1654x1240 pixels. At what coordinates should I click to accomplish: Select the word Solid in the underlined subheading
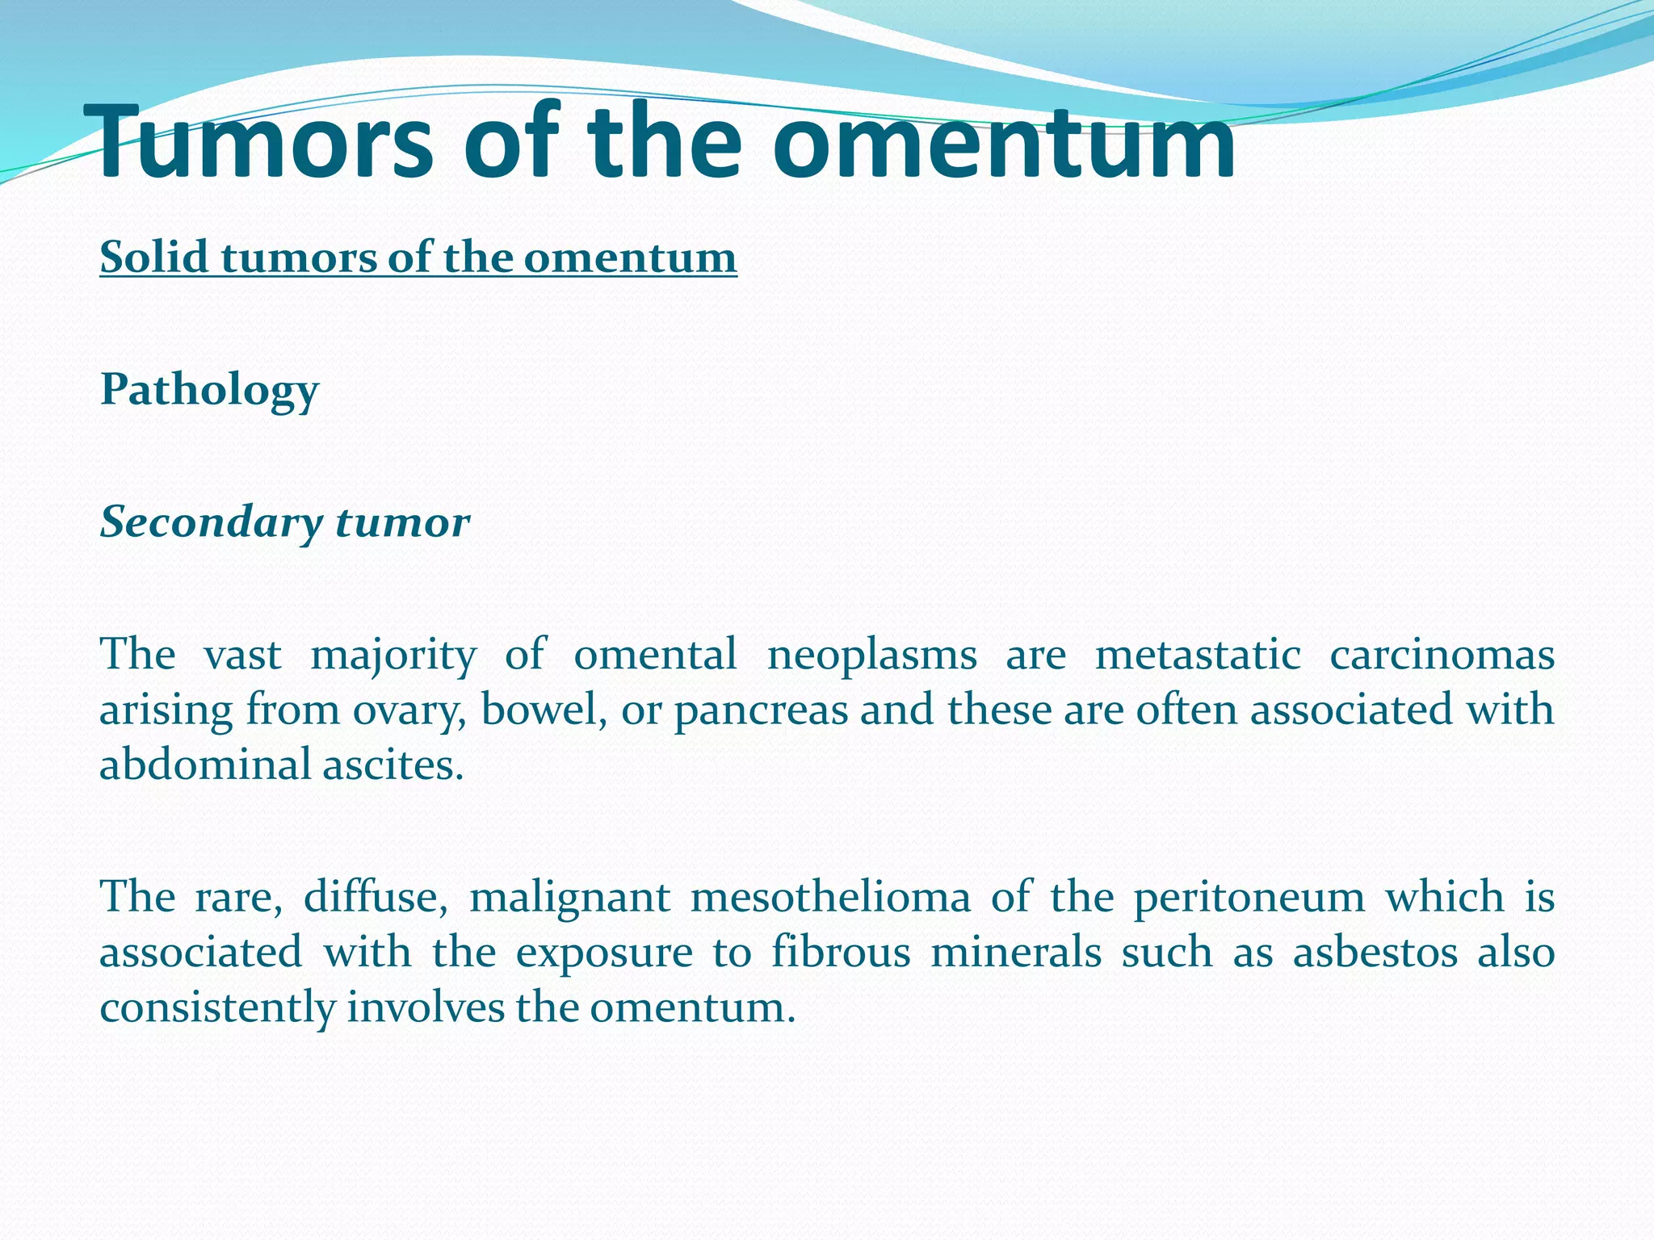[x=154, y=258]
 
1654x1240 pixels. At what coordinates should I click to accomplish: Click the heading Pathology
[x=209, y=392]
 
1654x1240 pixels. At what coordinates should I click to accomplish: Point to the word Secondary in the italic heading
[x=211, y=523]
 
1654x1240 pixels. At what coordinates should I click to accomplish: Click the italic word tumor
[x=402, y=523]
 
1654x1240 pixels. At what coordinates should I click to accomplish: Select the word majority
[x=393, y=656]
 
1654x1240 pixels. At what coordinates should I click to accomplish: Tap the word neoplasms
[x=871, y=656]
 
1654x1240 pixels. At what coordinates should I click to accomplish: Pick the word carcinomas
[x=1442, y=656]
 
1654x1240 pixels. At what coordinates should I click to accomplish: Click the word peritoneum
[x=1249, y=898]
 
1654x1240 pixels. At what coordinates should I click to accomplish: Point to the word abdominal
[x=205, y=765]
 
